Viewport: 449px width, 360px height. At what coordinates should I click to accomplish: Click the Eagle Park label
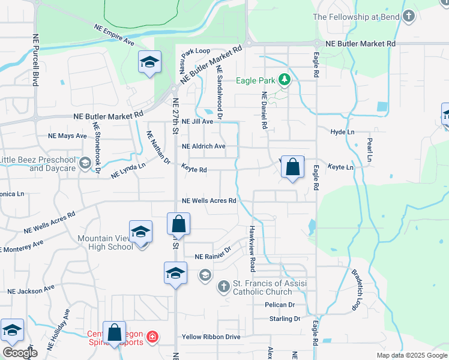(x=255, y=80)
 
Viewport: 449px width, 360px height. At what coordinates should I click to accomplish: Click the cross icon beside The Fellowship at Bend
(x=409, y=17)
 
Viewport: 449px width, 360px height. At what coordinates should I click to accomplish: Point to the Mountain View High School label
(x=105, y=242)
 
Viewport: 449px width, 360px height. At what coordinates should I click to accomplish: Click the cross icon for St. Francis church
(x=223, y=287)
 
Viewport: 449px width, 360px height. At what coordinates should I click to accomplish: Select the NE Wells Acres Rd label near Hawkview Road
(x=209, y=201)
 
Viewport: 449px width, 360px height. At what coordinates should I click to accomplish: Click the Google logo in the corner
(x=19, y=353)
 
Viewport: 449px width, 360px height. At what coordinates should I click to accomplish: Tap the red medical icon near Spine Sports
(x=152, y=337)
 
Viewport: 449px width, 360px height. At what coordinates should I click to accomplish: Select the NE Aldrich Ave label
(x=203, y=146)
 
